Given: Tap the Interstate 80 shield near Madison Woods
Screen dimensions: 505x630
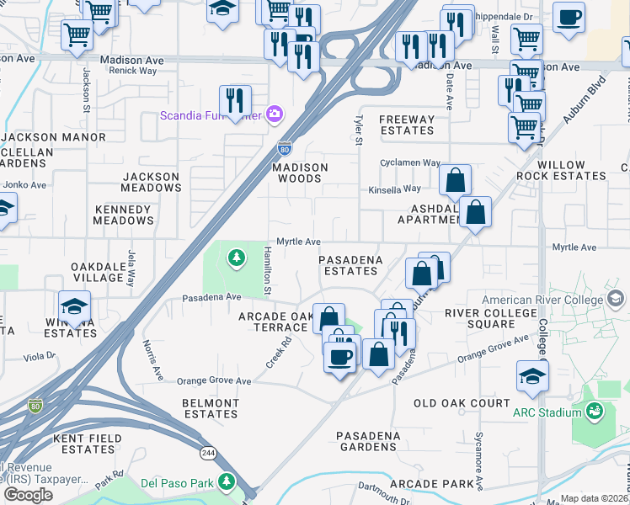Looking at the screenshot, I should (286, 148).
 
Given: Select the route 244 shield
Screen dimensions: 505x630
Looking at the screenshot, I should (207, 453).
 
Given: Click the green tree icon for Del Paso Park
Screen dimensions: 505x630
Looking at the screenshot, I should (225, 481).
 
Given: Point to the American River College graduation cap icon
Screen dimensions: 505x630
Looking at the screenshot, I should (615, 299).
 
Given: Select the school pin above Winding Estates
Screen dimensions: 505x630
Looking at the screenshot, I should (75, 307).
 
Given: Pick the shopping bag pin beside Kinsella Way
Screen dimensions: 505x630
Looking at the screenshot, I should (455, 180).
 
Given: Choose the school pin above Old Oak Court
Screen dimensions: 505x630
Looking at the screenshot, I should (532, 376).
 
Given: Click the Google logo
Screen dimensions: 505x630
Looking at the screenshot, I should (28, 494).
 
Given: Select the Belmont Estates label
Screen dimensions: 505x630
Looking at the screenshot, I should (211, 408).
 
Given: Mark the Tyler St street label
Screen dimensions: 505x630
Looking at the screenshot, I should (358, 130).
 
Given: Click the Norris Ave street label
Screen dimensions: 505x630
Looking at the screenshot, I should (152, 359).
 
